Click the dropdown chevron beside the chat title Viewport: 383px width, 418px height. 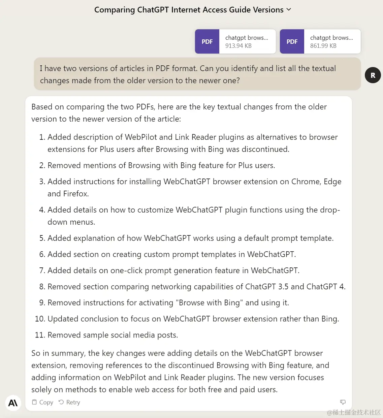click(289, 10)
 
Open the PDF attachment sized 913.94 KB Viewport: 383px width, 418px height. click(235, 41)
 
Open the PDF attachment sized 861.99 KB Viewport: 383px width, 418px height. click(320, 41)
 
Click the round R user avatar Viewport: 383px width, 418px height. click(373, 75)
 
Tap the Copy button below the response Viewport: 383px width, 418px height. click(42, 402)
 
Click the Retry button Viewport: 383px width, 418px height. click(69, 402)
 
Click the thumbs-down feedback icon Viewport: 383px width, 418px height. click(343, 402)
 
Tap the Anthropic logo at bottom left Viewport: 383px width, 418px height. click(13, 403)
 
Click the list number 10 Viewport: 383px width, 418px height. click(40, 319)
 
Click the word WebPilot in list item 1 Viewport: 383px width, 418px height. click(140, 137)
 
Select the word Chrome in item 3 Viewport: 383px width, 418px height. click(305, 182)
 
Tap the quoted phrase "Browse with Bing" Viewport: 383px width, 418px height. click(209, 303)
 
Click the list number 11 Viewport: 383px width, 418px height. click(40, 335)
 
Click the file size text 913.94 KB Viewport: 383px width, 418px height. click(238, 46)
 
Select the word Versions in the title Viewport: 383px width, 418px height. click(268, 10)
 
